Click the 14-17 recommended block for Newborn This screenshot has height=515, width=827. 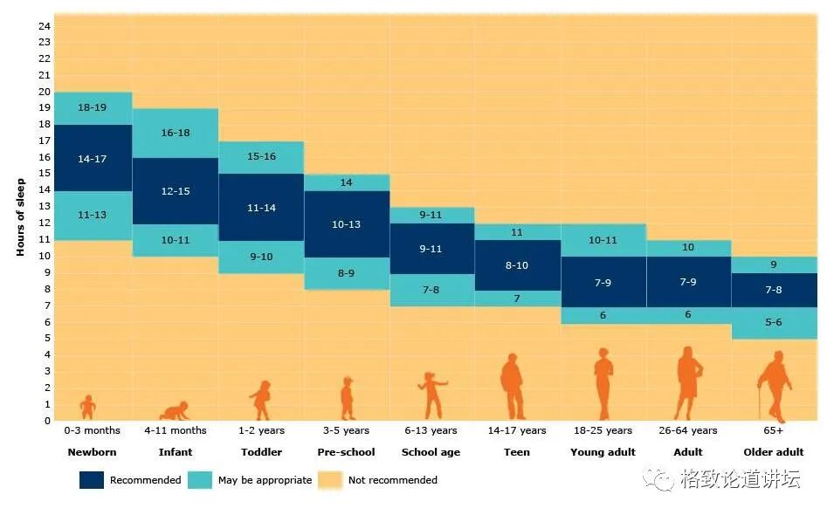point(92,158)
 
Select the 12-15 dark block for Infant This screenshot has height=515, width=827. point(175,191)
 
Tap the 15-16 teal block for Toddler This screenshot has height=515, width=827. point(261,157)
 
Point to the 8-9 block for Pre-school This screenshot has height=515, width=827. point(346,273)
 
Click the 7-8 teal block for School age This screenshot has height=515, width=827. point(431,290)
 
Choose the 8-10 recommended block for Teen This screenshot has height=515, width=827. point(516,265)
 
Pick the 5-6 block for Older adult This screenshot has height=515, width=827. point(773,323)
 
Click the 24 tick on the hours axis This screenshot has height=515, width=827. point(45,26)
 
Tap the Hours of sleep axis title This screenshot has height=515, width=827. point(20,217)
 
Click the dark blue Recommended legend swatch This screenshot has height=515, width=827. point(92,480)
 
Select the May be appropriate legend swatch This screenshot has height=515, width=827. point(200,480)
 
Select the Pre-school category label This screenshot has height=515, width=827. point(346,452)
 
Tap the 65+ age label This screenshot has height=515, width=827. point(773,430)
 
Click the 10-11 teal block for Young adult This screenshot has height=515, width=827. point(602,240)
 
